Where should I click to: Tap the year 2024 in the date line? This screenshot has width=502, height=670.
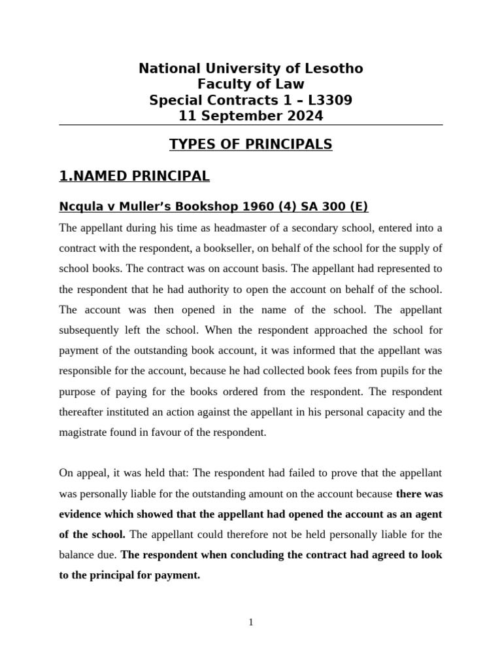coord(301,116)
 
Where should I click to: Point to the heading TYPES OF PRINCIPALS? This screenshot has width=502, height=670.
coord(251,144)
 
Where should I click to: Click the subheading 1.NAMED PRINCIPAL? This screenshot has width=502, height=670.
coord(135,175)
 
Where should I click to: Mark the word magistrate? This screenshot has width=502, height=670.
coord(85,432)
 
